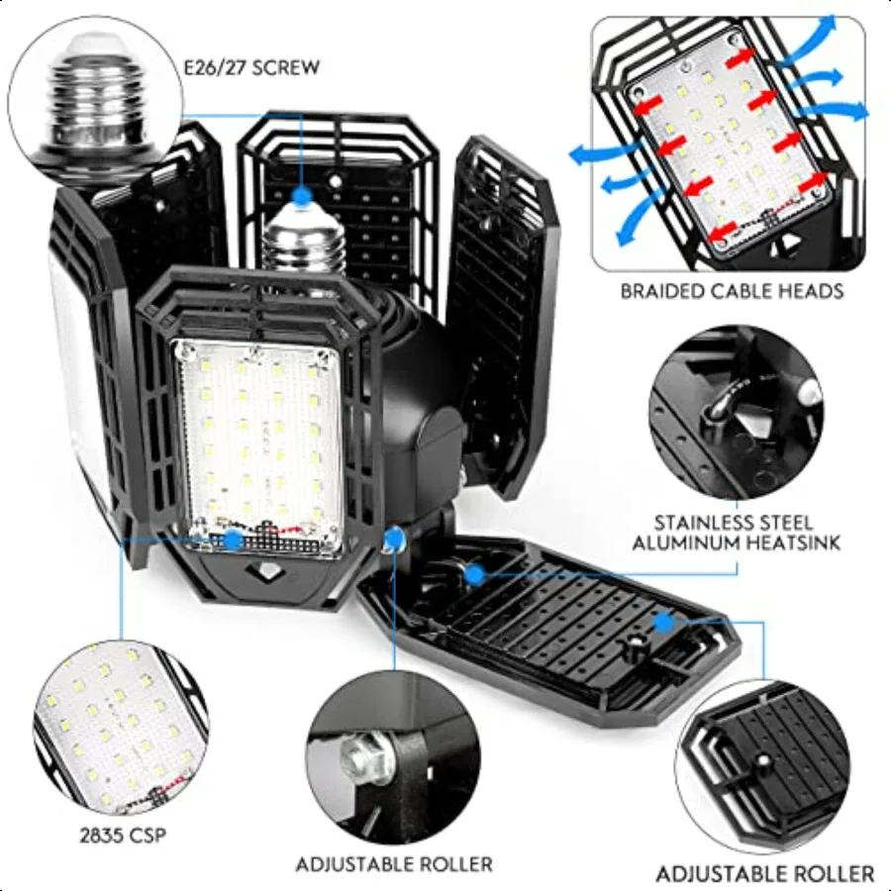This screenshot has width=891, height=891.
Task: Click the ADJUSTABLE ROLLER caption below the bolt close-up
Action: [x=394, y=864]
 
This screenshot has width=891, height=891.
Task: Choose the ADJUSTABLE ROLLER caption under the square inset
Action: [x=765, y=873]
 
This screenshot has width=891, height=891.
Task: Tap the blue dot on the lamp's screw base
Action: [x=302, y=196]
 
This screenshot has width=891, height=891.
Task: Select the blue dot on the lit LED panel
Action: [x=233, y=540]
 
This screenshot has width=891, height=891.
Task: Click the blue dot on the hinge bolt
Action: [x=395, y=537]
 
